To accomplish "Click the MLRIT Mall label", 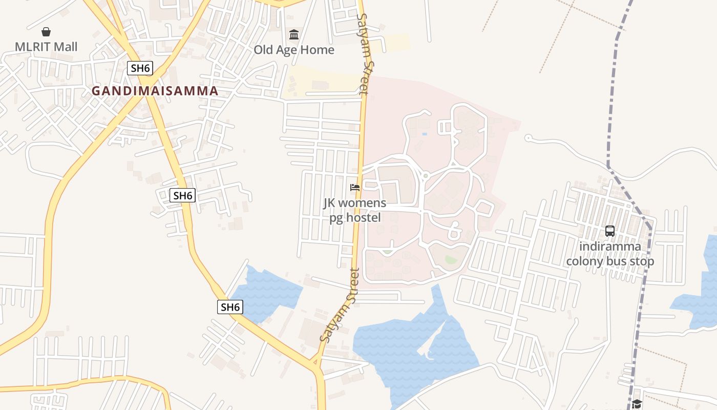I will (46, 47).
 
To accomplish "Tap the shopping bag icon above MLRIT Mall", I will (46, 32).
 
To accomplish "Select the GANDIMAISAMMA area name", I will (155, 91).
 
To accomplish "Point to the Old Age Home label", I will (294, 50).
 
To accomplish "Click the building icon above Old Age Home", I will (294, 35).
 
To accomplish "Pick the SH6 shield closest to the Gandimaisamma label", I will (140, 68).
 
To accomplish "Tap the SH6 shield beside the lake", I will (230, 307).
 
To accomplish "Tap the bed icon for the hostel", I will (354, 188).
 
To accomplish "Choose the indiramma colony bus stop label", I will (610, 254).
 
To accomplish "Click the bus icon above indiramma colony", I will (610, 231).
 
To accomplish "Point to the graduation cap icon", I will (637, 404).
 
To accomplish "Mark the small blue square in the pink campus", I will (424, 134).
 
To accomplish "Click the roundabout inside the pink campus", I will (425, 176).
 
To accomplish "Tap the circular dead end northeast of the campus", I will (528, 137).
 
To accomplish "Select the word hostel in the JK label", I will (363, 217).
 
